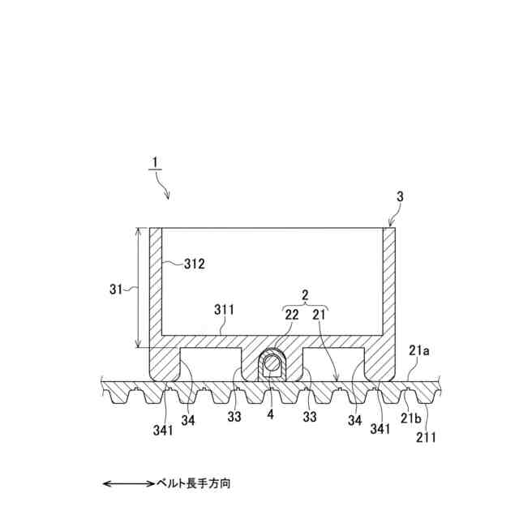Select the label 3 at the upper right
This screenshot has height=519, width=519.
coord(399,197)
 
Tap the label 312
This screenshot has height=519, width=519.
coord(194,264)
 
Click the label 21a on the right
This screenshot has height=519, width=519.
coord(418,350)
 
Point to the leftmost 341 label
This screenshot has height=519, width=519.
coord(162,431)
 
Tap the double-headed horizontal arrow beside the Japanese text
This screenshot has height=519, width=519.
coord(128,484)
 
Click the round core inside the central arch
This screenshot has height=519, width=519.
coord(272,365)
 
